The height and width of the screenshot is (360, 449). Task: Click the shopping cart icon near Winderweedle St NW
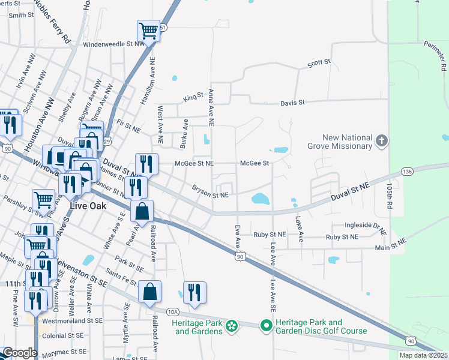(x=148, y=30)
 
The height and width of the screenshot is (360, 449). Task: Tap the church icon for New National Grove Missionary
(x=381, y=142)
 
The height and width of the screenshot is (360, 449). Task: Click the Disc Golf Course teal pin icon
(x=265, y=326)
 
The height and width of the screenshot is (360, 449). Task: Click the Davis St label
(x=292, y=103)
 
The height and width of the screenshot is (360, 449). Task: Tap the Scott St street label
(x=319, y=62)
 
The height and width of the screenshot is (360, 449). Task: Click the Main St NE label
(x=390, y=240)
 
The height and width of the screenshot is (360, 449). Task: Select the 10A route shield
(x=173, y=311)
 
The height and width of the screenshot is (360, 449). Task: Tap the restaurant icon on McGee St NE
(x=146, y=164)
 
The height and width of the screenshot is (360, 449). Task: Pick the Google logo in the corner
(x=20, y=353)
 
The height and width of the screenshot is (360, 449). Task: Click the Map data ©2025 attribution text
(x=423, y=355)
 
